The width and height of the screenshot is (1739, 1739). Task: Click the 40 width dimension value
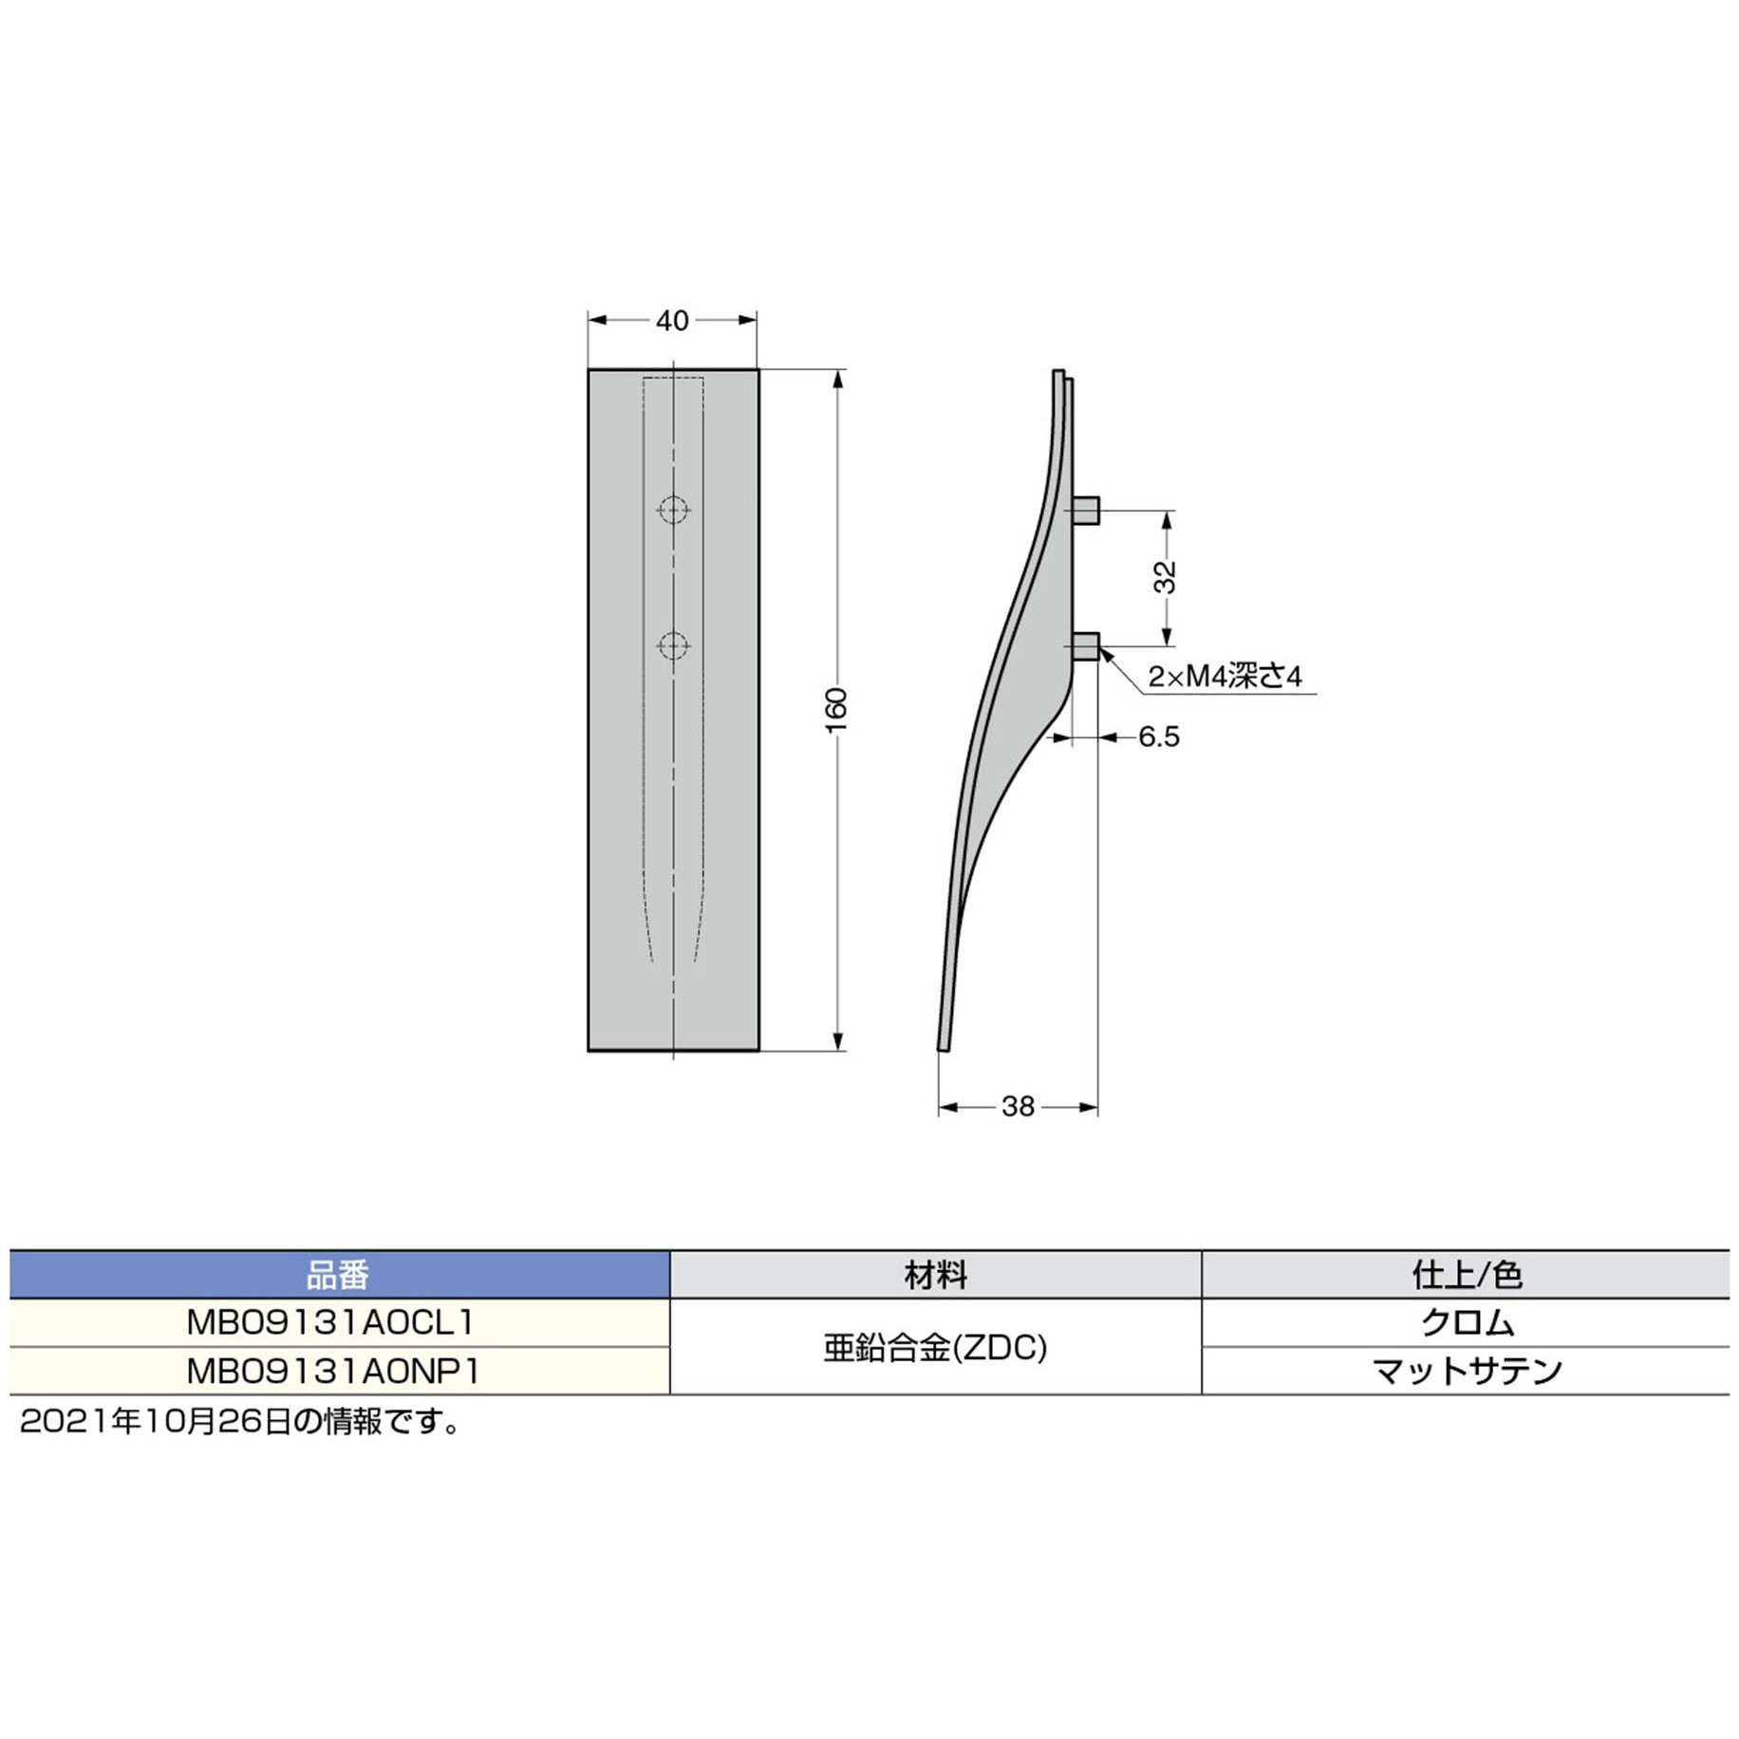pyautogui.click(x=672, y=321)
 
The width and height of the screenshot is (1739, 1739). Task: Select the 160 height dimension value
pyautogui.click(x=835, y=710)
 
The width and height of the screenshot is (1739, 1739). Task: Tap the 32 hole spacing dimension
pyautogui.click(x=1166, y=577)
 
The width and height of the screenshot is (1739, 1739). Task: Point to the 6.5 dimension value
pyautogui.click(x=1158, y=737)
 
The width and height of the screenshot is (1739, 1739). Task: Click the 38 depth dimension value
pyautogui.click(x=1018, y=1107)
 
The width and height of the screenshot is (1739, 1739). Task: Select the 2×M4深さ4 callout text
pyautogui.click(x=1225, y=677)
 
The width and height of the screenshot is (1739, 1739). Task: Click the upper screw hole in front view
pyautogui.click(x=673, y=510)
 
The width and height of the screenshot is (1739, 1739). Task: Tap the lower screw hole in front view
pyautogui.click(x=673, y=646)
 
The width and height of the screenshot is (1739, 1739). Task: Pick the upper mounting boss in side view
pyautogui.click(x=1087, y=511)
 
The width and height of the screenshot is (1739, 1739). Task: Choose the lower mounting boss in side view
pyautogui.click(x=1087, y=647)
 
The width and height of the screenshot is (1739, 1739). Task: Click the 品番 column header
pyautogui.click(x=338, y=1275)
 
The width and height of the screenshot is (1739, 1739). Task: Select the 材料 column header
pyautogui.click(x=935, y=1275)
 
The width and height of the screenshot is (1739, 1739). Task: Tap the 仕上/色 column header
pyautogui.click(x=1467, y=1275)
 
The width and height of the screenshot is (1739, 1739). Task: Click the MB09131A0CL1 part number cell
pyautogui.click(x=330, y=1322)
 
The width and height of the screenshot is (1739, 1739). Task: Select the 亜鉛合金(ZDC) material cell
pyautogui.click(x=935, y=1347)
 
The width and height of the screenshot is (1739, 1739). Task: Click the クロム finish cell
pyautogui.click(x=1467, y=1322)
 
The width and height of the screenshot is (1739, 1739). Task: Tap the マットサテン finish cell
pyautogui.click(x=1467, y=1371)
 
